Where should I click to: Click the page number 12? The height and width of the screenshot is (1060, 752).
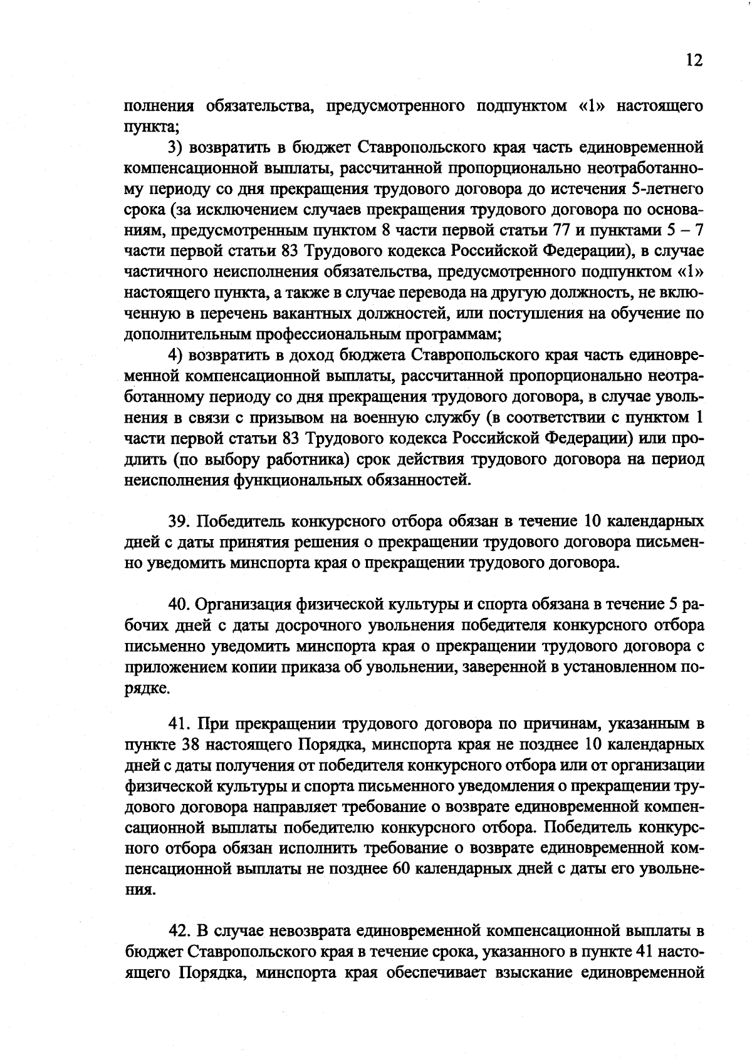tap(694, 60)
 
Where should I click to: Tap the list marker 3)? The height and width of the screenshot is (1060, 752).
tap(175, 148)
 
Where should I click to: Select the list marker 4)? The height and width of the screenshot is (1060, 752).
tap(175, 356)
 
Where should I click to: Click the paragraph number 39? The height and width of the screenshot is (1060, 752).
tap(179, 521)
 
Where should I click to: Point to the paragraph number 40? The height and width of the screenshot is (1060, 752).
tap(179, 604)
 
